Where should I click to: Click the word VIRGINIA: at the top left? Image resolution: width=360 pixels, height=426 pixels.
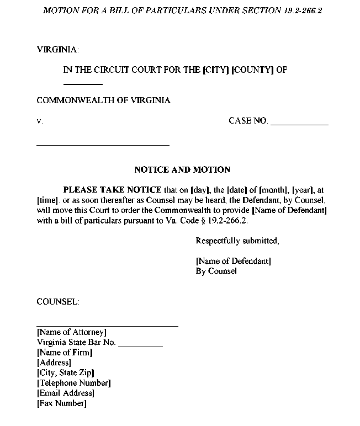tap(57, 50)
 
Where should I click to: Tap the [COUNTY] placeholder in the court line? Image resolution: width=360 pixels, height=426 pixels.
tap(253, 70)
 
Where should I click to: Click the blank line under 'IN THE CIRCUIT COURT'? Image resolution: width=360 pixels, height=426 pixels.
tap(83, 84)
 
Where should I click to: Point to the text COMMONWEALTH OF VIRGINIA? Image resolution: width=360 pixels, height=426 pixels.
tap(103, 100)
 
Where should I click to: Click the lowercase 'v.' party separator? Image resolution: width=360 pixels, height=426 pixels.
tap(39, 121)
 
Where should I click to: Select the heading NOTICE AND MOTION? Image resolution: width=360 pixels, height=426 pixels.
tap(182, 170)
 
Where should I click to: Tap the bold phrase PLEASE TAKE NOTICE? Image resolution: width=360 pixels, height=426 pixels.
tap(113, 190)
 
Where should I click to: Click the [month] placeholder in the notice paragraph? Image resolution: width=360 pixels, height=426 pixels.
tap(274, 190)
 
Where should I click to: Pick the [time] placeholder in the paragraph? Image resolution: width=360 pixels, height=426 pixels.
tap(48, 200)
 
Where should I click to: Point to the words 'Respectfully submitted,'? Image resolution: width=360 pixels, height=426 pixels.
tap(237, 241)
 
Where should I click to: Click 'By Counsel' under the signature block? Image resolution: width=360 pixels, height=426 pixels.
tap(216, 271)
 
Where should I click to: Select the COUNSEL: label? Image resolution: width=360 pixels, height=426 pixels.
tap(57, 302)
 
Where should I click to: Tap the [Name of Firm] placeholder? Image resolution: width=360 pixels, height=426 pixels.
tap(65, 352)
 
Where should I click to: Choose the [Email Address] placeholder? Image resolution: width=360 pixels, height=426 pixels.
tap(65, 393)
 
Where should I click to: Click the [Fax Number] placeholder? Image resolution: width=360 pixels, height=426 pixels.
tap(61, 403)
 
